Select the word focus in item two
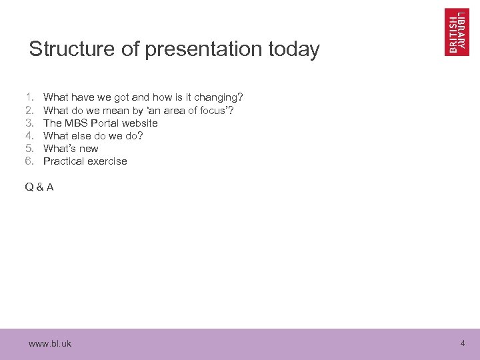pyautogui.click(x=214, y=110)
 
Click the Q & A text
pyautogui.click(x=39, y=187)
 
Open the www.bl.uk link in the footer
pyautogui.click(x=50, y=344)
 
